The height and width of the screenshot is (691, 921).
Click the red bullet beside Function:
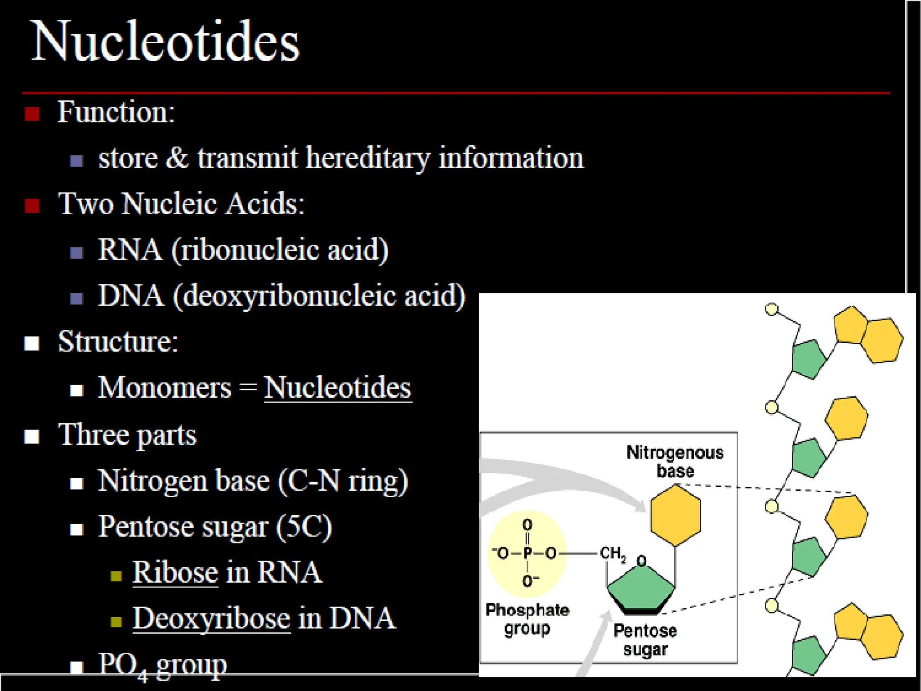[x=32, y=113]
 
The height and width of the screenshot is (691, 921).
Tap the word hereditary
[x=367, y=159]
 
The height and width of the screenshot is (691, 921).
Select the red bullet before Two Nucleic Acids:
[x=32, y=206]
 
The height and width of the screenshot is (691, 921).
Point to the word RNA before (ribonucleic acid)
[x=130, y=250]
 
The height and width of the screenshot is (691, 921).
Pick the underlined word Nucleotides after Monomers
[x=337, y=388]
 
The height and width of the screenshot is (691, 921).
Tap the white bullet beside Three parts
[x=32, y=436]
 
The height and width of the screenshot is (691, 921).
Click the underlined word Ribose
[x=175, y=573]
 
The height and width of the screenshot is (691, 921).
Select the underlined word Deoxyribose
[x=211, y=619]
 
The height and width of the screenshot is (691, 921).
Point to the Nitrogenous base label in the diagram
[x=675, y=462]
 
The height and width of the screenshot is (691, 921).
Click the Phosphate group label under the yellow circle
[x=527, y=619]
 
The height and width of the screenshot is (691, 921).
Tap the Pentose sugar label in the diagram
[x=645, y=640]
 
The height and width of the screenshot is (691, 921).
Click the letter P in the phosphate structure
[x=528, y=553]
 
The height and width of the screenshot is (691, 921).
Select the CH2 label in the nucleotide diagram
[x=613, y=553]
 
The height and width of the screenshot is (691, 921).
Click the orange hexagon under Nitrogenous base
[x=675, y=516]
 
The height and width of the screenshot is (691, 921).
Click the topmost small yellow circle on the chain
[x=771, y=310]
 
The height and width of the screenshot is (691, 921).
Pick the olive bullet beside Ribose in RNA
[x=116, y=576]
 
